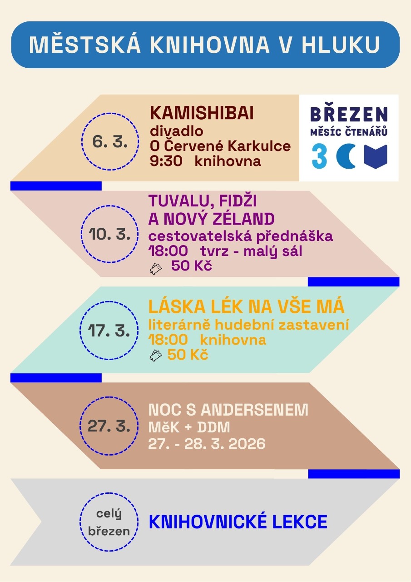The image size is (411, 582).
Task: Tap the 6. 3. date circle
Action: pos(109,141)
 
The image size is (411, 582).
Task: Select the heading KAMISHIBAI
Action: pos(202,114)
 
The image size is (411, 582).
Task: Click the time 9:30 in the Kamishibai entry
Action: pos(165,161)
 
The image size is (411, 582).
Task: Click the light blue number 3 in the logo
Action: pos(320,157)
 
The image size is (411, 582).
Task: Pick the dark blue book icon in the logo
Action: pos(376,157)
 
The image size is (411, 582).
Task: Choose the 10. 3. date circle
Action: pos(109,234)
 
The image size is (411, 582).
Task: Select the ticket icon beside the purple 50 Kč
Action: pos(156,269)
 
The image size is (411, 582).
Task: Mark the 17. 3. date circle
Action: pos(109,330)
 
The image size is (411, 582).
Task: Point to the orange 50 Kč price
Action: pos(188,355)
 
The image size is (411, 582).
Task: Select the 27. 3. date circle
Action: pos(109,426)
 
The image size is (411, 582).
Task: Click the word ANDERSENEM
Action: pos(254,410)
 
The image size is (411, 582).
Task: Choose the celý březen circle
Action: pos(109,522)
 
